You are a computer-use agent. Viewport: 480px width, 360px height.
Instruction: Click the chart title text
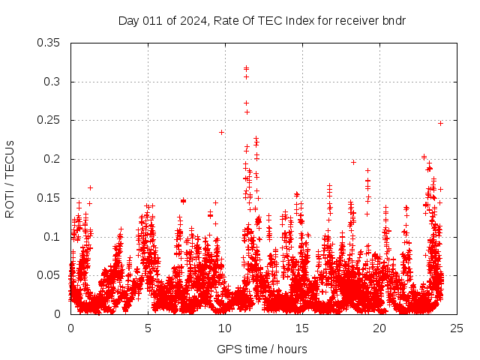(x=262, y=20)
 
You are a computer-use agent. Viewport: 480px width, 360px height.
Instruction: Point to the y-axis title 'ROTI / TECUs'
(x=10, y=178)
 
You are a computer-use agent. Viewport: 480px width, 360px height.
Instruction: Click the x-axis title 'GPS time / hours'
(x=262, y=349)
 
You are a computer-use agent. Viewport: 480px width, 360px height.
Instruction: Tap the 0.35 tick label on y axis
(x=49, y=43)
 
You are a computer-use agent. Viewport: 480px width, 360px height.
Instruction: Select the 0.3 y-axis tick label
(x=52, y=82)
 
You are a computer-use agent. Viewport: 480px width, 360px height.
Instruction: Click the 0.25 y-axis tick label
(x=49, y=120)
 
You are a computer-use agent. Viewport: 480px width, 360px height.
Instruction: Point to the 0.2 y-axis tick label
(x=52, y=159)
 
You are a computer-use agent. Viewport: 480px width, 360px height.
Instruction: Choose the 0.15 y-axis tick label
(x=49, y=198)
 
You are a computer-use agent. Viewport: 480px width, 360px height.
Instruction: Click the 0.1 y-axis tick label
(x=52, y=237)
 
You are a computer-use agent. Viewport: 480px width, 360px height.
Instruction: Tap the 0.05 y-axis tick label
(x=49, y=275)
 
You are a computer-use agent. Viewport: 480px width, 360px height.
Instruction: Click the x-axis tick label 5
(x=148, y=328)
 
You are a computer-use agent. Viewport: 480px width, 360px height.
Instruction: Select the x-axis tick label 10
(x=225, y=328)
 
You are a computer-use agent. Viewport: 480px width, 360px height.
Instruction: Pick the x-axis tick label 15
(x=302, y=328)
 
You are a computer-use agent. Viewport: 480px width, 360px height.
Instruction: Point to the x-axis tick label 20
(x=379, y=328)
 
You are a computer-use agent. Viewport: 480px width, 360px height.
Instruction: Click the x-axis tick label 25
(x=457, y=328)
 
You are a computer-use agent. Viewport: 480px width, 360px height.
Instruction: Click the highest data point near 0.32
(x=246, y=68)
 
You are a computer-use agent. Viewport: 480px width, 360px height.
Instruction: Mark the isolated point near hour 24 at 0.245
(x=440, y=123)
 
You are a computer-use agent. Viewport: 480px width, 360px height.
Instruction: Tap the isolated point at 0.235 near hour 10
(x=221, y=132)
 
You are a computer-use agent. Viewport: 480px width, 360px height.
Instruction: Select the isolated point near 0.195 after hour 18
(x=353, y=162)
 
